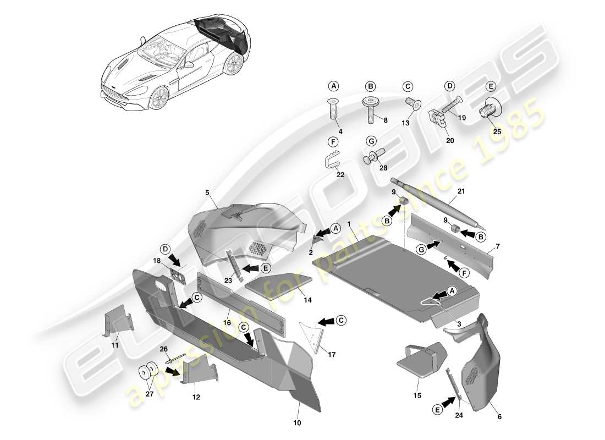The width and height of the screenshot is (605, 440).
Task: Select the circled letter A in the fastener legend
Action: click(x=333, y=86)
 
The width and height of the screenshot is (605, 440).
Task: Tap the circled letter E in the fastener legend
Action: click(x=491, y=86)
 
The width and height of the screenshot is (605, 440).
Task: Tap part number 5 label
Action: click(x=208, y=193)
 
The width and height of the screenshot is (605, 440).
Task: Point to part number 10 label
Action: click(x=298, y=423)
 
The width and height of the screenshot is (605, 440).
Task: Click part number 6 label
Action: click(x=499, y=417)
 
